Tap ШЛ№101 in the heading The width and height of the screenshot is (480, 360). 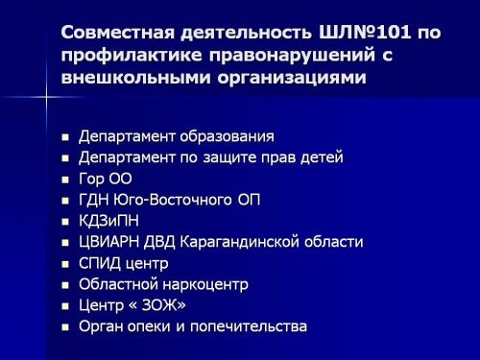pyautogui.click(x=364, y=33)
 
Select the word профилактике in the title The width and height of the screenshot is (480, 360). pyautogui.click(x=132, y=56)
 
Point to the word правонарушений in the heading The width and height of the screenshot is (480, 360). pyautogui.click(x=292, y=56)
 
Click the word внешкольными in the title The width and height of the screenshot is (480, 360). pyautogui.click(x=135, y=78)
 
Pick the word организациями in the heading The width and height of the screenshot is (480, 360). pyautogui.click(x=292, y=79)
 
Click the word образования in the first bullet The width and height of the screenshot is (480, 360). pyautogui.click(x=227, y=136)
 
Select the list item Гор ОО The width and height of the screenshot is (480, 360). pyautogui.click(x=106, y=179)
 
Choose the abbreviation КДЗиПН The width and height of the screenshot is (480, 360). pyautogui.click(x=108, y=221)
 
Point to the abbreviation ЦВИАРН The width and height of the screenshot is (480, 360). pyautogui.click(x=109, y=242)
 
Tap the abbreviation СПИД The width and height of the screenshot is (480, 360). pyautogui.click(x=100, y=263)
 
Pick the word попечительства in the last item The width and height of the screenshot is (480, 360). pyautogui.click(x=249, y=326)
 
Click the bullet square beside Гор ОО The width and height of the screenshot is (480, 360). pyautogui.click(x=65, y=180)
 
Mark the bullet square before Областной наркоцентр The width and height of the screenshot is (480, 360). pyautogui.click(x=65, y=285)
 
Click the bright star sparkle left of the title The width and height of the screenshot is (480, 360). pyautogui.click(x=46, y=96)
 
